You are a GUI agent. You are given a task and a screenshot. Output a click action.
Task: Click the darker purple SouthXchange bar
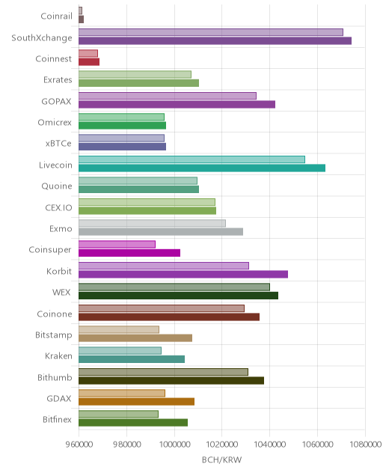tap(215, 40)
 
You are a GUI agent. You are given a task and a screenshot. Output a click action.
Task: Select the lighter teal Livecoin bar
tap(191, 159)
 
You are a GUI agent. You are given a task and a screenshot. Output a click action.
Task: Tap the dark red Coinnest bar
tap(89, 62)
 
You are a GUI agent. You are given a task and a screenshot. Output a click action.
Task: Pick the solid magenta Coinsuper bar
tap(129, 253)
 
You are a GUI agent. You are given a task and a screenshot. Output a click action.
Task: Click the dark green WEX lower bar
tap(178, 296)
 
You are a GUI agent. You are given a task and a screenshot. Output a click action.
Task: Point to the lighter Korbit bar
tap(164, 266)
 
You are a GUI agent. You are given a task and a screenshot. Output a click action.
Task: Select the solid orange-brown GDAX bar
tap(137, 401)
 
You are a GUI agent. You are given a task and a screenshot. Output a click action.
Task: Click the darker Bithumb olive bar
tap(171, 380)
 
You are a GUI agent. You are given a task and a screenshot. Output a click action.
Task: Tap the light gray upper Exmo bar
tap(153, 223)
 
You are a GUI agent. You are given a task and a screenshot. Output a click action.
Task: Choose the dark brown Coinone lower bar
tap(169, 317)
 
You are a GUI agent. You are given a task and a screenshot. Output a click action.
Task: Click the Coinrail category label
tap(56, 16)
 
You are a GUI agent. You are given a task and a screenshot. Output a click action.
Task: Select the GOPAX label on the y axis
tap(56, 101)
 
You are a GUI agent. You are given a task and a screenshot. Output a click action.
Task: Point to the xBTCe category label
tap(58, 143)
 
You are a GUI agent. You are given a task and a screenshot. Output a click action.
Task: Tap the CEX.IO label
tap(58, 207)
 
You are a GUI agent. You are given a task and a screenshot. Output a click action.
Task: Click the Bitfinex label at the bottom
tap(58, 419)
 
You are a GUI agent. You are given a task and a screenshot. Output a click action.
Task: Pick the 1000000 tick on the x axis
tap(174, 444)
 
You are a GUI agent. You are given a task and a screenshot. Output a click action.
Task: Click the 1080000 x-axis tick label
tap(365, 444)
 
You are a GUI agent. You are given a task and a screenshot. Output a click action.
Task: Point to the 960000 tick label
tap(79, 444)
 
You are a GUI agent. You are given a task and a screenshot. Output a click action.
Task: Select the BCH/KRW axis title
tap(221, 460)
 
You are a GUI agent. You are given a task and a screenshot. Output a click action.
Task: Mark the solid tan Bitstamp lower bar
tap(135, 338)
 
